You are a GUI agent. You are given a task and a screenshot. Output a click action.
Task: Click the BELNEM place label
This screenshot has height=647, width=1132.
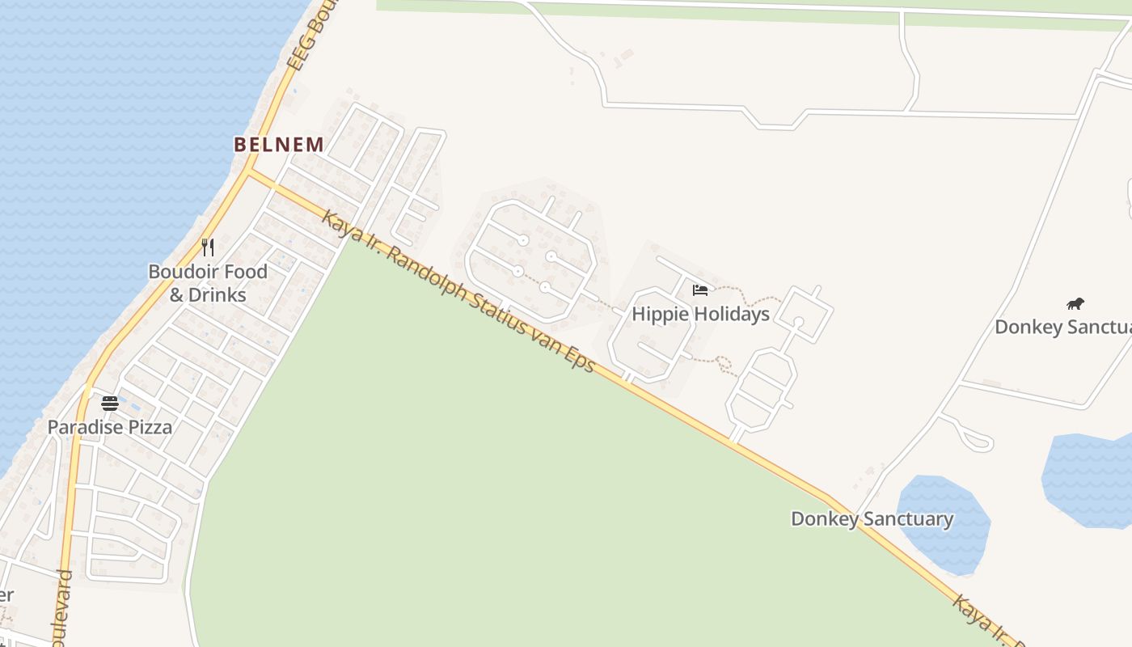[279, 145]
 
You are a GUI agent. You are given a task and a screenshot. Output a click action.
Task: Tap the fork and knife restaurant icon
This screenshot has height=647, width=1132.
[208, 247]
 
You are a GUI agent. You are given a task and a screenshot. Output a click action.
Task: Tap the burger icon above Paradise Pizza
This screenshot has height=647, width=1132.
[110, 403]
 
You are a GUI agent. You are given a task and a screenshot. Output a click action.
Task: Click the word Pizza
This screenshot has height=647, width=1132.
[146, 427]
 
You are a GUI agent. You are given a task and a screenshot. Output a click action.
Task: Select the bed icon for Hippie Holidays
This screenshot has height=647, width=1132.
[700, 290]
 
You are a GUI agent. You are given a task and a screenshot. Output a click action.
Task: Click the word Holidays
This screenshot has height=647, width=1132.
[730, 314]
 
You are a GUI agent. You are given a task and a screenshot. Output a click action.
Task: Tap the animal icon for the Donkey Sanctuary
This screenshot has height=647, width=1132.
[1075, 304]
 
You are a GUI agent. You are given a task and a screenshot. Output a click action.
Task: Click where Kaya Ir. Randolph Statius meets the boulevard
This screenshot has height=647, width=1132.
[250, 172]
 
